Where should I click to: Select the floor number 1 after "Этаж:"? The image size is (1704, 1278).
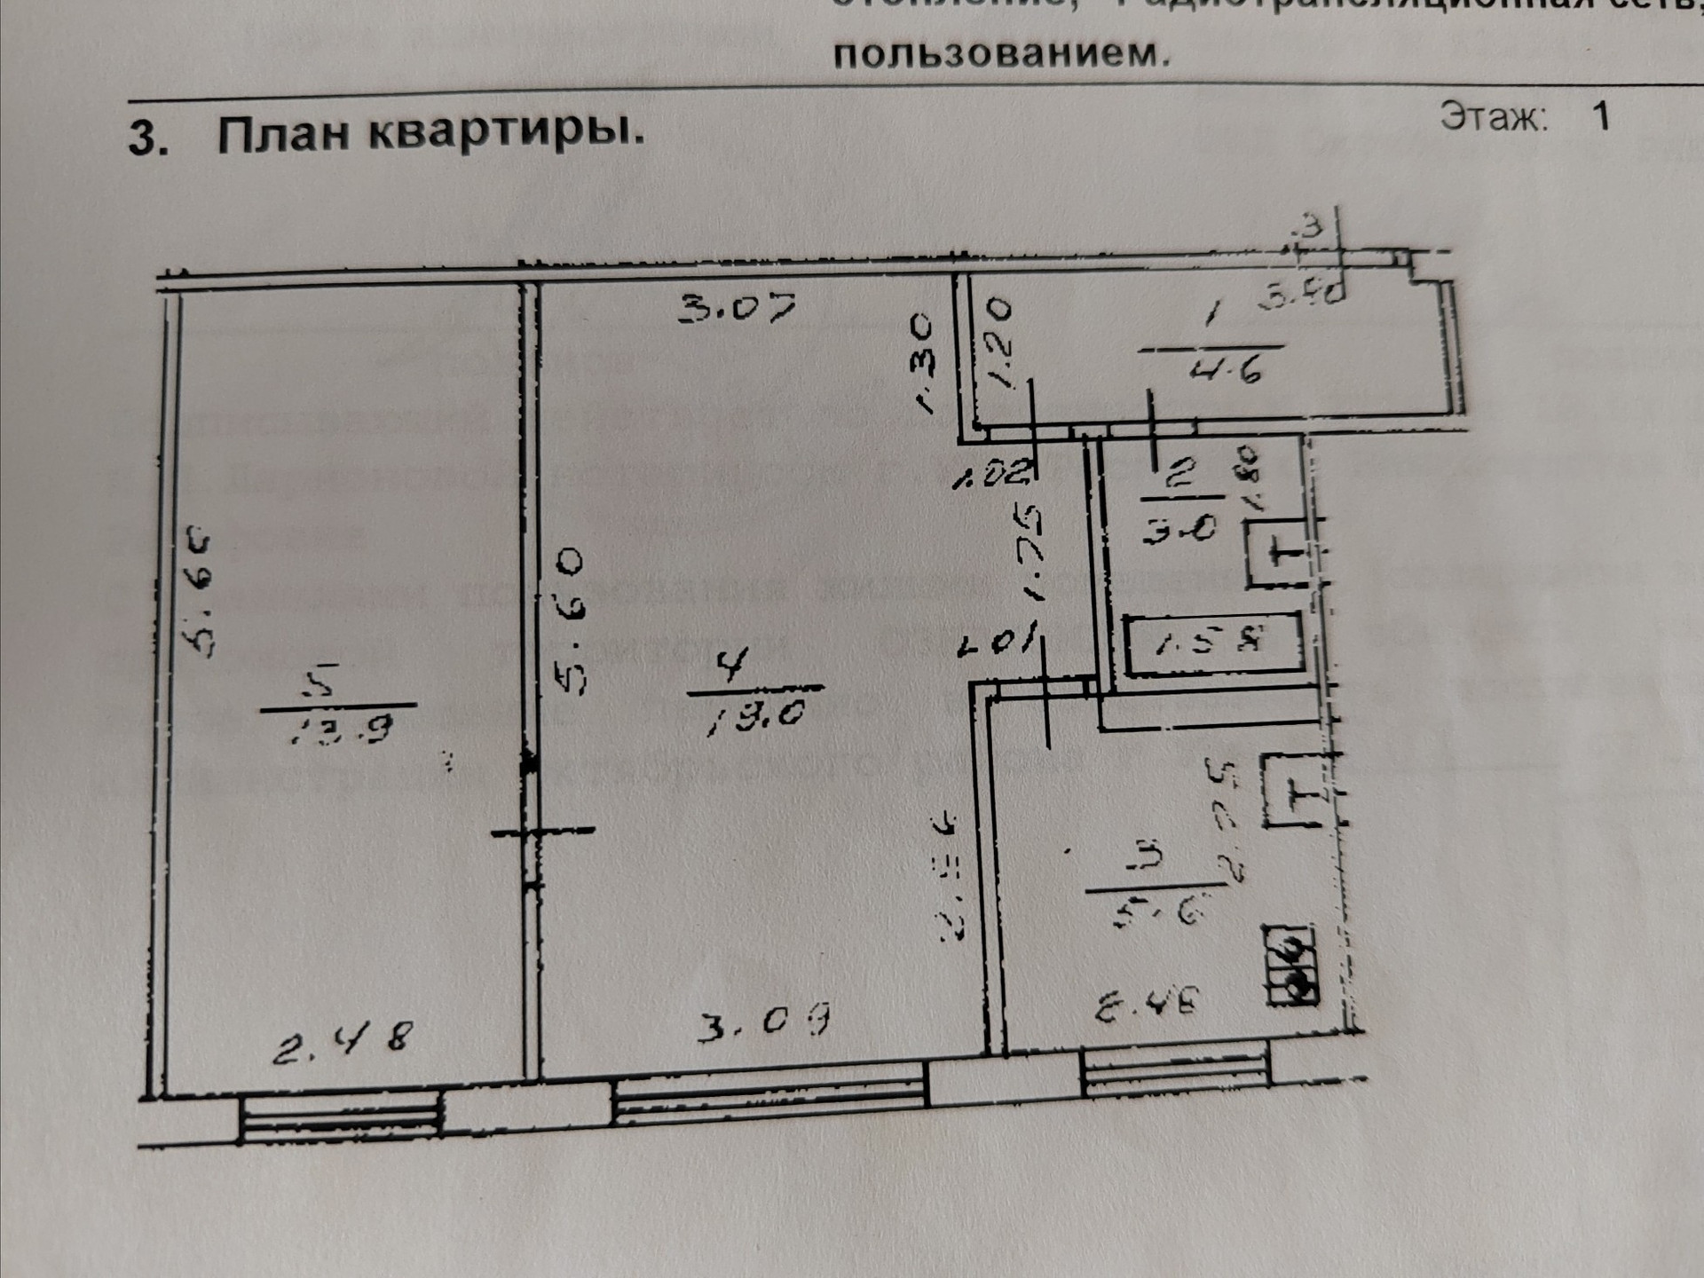(1601, 116)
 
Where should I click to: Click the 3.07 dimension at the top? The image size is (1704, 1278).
(738, 309)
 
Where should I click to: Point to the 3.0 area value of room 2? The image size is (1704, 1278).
(1179, 530)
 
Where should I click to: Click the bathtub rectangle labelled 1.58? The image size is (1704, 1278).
(1213, 643)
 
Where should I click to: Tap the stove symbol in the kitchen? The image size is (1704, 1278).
(1292, 966)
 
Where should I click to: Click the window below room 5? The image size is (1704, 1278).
(341, 1121)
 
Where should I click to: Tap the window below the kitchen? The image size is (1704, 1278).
(1176, 1071)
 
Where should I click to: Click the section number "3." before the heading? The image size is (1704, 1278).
(148, 138)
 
